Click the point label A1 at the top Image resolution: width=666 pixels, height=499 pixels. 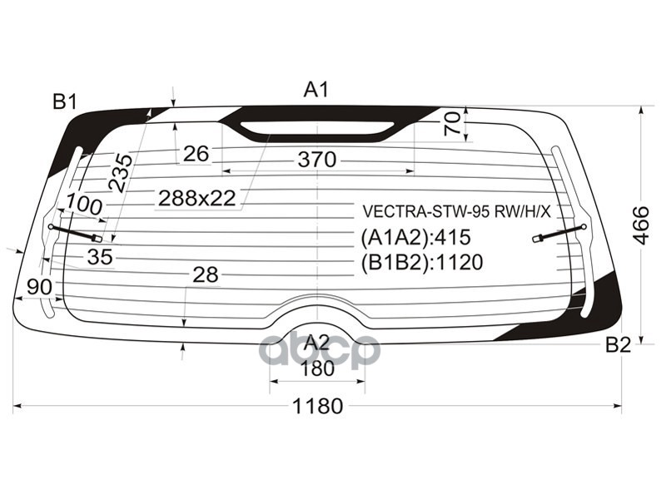pos(316,89)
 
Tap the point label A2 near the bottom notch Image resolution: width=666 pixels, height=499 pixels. pos(316,342)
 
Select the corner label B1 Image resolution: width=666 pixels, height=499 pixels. pos(65,101)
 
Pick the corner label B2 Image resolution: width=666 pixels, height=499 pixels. pos(618,345)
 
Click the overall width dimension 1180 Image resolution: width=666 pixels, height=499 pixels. pos(317,407)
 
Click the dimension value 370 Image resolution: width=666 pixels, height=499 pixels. pos(316,160)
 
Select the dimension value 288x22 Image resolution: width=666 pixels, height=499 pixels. pos(197,198)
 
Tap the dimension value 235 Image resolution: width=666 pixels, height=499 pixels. pos(122,173)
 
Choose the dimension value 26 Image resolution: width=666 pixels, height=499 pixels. pos(196,153)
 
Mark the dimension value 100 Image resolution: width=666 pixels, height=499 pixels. pos(84,204)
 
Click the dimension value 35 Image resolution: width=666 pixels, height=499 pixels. pos(100,258)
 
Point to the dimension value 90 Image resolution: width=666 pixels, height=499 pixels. pos(39,287)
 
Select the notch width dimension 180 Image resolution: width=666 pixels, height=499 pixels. pos(316,368)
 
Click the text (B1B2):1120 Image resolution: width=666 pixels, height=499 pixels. pos(421,263)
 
